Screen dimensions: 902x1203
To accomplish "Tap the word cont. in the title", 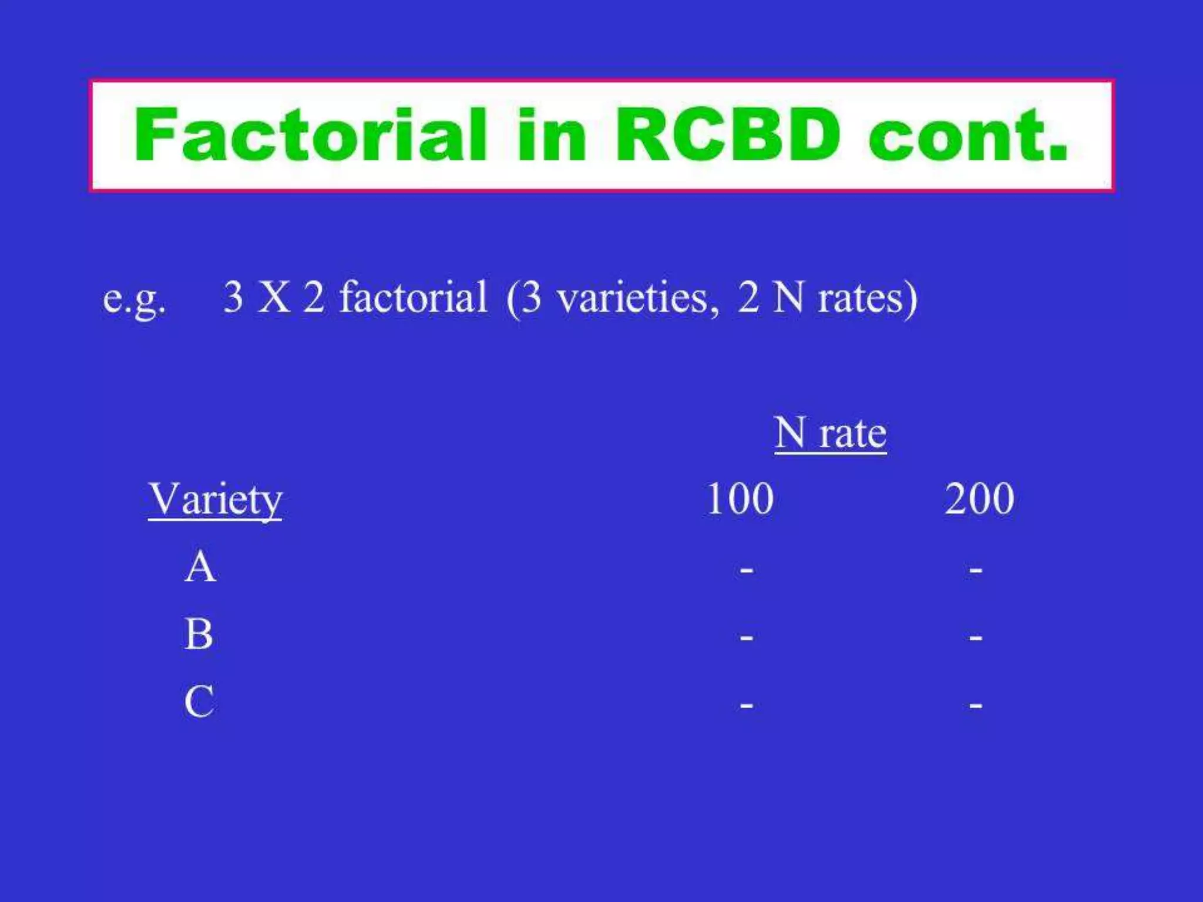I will (967, 136).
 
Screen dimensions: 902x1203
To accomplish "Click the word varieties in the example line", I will (638, 298).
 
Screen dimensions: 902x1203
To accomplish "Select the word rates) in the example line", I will (868, 298).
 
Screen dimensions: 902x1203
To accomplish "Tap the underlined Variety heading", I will (216, 499).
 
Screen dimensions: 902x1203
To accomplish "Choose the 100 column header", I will (740, 499).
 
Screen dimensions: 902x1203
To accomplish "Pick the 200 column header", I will (979, 499).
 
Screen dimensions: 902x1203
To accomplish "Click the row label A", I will (200, 567).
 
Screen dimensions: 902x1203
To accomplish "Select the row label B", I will (199, 635).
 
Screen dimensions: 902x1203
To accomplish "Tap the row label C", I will (199, 702).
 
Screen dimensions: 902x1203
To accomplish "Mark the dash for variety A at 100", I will (746, 569).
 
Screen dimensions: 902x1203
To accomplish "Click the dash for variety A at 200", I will (976, 569).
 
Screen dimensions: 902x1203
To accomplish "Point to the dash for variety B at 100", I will (746, 637).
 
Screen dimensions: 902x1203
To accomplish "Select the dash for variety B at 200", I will (976, 637).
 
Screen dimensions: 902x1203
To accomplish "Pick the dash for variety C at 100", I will (746, 704).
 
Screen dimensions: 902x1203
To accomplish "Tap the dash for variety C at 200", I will (976, 704).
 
